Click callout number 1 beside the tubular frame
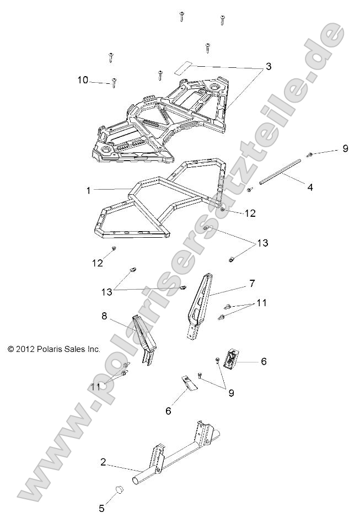[x=88, y=190]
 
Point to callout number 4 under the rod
[x=310, y=187]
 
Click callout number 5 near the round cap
[x=101, y=508]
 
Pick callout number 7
[x=251, y=284]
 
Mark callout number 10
[x=83, y=80]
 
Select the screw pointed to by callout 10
[x=114, y=82]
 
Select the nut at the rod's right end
[x=310, y=154]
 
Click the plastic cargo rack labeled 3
[x=165, y=116]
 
